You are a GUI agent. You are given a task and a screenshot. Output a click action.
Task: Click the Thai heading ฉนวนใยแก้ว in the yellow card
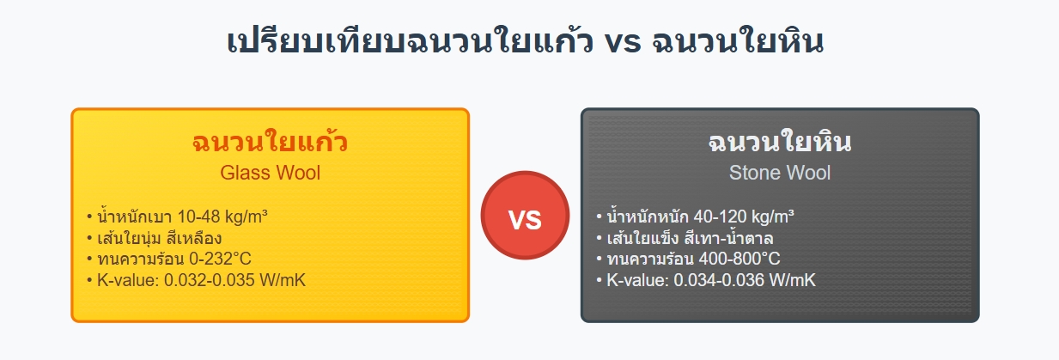(270, 142)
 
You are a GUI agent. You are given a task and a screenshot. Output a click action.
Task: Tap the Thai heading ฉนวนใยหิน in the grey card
(779, 142)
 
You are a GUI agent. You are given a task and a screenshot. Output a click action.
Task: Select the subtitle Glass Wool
(270, 173)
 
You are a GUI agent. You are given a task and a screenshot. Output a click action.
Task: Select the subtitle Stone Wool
(779, 173)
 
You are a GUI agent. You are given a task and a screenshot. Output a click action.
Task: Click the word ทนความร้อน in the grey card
(644, 259)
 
